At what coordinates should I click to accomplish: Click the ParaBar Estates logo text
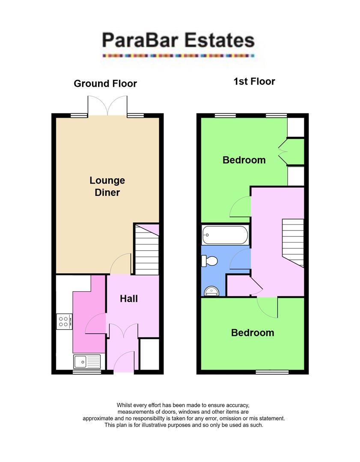coord(178,41)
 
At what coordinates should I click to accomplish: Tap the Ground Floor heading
coord(105,83)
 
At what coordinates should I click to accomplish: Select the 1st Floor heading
coord(254,81)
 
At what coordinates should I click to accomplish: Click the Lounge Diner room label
coord(107,187)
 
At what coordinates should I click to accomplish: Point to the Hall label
coord(128,298)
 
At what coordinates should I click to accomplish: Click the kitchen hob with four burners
coord(64,321)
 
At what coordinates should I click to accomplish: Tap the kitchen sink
coord(86,361)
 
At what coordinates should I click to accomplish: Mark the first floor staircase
coord(293,243)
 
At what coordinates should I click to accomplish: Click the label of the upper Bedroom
coord(244,160)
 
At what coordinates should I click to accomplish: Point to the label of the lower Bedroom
coord(253,333)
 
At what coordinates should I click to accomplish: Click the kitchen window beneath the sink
coord(87,372)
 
